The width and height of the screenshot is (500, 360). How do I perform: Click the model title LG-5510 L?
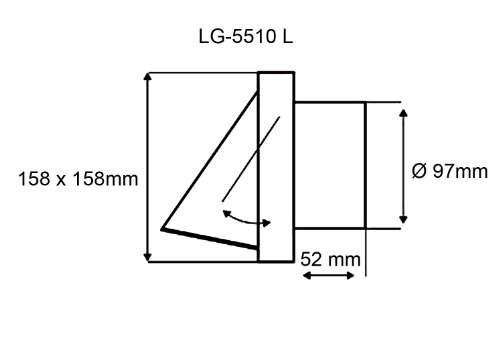(x=246, y=36)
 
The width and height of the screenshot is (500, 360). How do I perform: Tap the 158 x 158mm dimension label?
(x=78, y=179)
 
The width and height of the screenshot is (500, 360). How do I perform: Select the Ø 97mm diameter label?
(x=450, y=171)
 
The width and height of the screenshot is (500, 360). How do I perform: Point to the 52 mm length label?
(x=330, y=259)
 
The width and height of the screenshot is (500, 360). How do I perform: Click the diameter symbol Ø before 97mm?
(x=419, y=171)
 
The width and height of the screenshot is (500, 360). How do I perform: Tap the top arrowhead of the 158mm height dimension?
(x=147, y=77)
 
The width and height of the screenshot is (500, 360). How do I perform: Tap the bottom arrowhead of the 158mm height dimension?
(x=147, y=257)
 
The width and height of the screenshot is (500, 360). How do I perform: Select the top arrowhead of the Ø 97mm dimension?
(x=403, y=113)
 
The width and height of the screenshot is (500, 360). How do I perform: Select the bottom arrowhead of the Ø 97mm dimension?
(x=403, y=219)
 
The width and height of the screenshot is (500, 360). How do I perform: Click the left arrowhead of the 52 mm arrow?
(x=307, y=276)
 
